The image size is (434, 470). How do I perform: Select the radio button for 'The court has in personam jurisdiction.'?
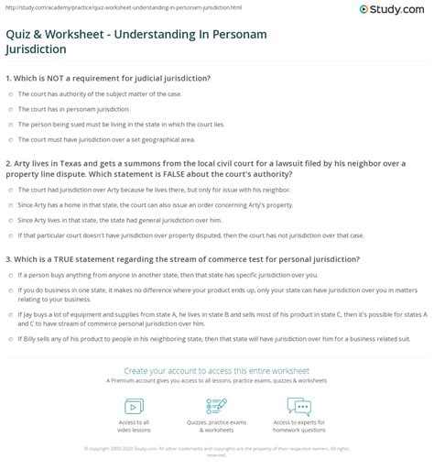(x=8, y=109)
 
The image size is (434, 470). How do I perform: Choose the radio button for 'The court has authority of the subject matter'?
(x=8, y=94)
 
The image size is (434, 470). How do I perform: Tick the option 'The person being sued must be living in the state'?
(x=8, y=124)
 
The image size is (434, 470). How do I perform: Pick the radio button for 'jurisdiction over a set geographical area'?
(x=8, y=139)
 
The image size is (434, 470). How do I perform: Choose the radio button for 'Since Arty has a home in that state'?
(x=8, y=204)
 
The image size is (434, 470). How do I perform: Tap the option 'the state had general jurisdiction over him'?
(x=8, y=220)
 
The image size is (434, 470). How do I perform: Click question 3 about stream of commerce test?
(x=183, y=258)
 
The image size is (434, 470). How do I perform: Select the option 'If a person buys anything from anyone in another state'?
(x=8, y=275)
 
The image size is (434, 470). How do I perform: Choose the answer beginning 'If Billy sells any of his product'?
(x=8, y=339)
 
